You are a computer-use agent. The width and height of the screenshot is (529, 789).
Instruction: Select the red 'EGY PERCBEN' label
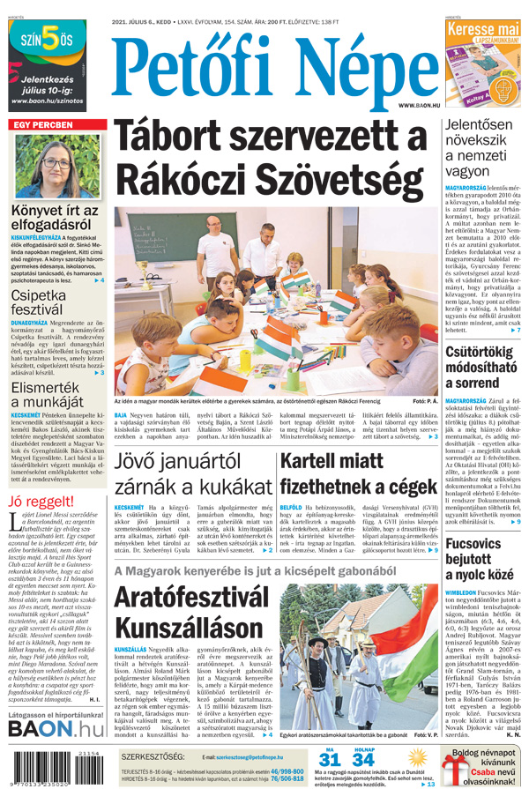click(42, 125)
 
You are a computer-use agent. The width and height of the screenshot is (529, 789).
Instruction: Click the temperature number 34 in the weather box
click(362, 760)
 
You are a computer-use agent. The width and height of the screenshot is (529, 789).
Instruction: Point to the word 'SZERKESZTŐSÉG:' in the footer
click(153, 756)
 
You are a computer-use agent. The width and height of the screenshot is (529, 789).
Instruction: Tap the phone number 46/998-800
click(292, 770)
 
